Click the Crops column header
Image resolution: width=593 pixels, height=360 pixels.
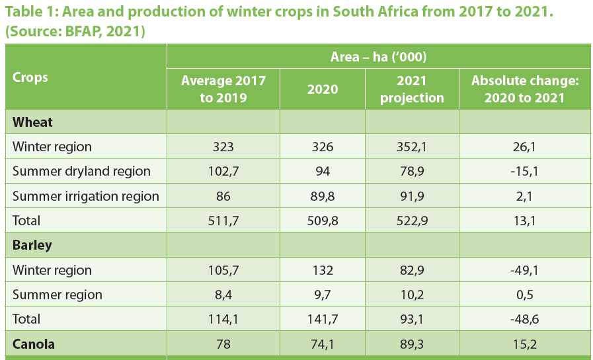click(30, 77)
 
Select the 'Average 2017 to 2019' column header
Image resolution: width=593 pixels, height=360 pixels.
click(223, 89)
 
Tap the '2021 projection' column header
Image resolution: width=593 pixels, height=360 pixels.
click(411, 89)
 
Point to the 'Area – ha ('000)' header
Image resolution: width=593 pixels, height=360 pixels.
click(378, 57)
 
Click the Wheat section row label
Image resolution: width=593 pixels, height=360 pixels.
click(33, 122)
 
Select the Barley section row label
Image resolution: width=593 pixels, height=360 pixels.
click(32, 245)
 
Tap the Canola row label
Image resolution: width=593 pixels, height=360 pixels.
click(34, 344)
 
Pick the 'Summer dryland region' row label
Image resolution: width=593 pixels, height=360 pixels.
click(81, 171)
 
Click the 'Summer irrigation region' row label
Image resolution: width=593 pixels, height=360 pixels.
click(86, 196)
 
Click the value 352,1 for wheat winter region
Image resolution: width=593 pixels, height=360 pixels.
click(411, 147)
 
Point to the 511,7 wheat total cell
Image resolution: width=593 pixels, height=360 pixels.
click(223, 221)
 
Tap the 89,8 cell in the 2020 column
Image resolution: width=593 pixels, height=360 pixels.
click(323, 196)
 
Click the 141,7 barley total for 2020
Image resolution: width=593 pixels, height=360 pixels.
click(323, 319)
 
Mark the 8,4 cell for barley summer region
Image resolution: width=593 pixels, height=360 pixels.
click(223, 295)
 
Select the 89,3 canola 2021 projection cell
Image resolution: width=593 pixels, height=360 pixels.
click(411, 344)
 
